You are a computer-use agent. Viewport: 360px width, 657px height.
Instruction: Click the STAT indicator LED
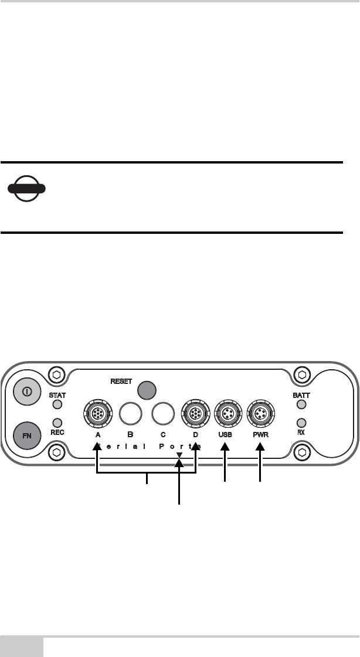pos(57,404)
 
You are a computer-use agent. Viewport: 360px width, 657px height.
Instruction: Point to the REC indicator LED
pos(57,422)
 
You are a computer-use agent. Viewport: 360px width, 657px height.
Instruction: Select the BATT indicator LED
pos(301,404)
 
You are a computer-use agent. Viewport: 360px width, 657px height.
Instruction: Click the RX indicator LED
pos(301,422)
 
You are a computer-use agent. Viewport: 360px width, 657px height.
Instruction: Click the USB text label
pos(226,435)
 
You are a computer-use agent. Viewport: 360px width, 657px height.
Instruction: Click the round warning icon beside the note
pos(26,189)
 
